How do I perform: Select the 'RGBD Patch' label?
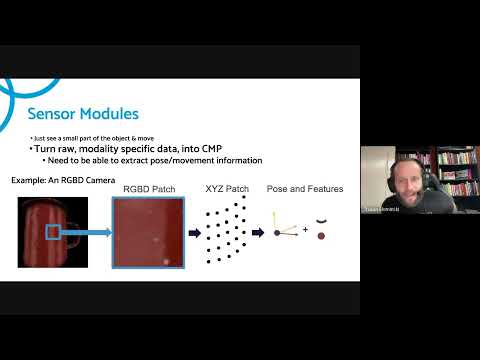coord(147,188)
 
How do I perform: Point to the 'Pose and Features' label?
coord(304,188)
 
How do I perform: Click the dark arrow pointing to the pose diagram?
coord(259,232)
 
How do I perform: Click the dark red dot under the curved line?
coord(321,236)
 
